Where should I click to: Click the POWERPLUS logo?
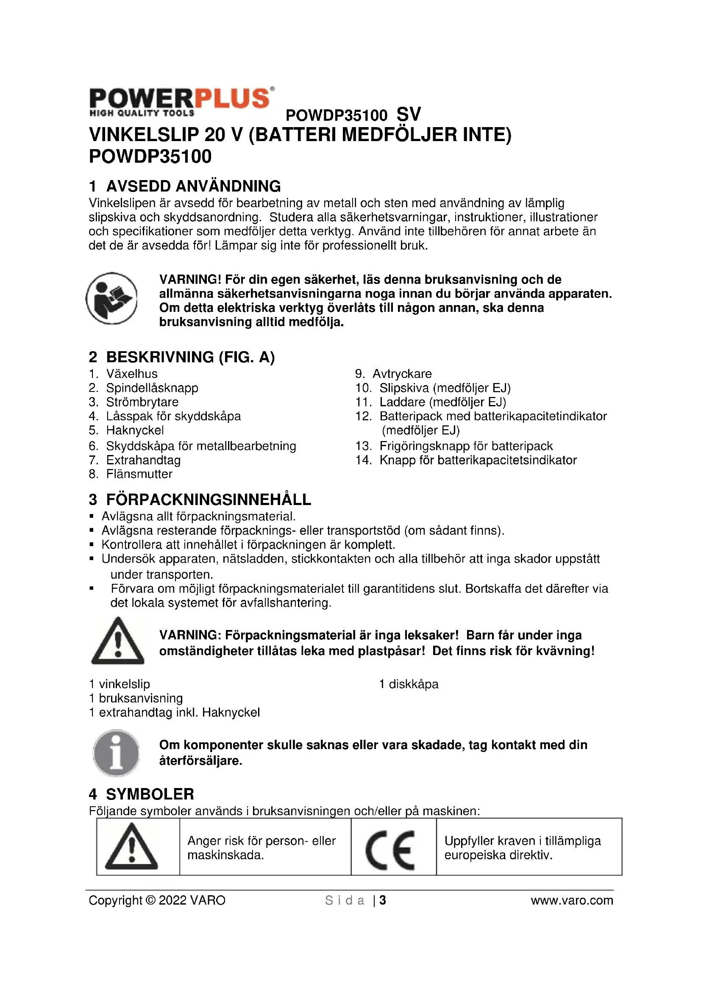pyautogui.click(x=181, y=102)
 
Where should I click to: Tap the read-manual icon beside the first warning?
pyautogui.click(x=112, y=298)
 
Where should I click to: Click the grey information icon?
pyautogui.click(x=116, y=753)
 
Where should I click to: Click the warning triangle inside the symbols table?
pyautogui.click(x=131, y=847)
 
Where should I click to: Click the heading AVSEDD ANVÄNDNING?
pyautogui.click(x=193, y=186)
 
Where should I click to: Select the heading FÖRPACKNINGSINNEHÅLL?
pyautogui.click(x=209, y=500)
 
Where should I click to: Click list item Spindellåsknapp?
pyautogui.click(x=152, y=388)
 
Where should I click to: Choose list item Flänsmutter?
pyautogui.click(x=139, y=474)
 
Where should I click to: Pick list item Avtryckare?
pyautogui.click(x=402, y=374)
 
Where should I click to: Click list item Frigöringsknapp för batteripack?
pyautogui.click(x=466, y=446)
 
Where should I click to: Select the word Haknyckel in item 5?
pyautogui.click(x=135, y=430)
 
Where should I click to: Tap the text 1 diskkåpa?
pyautogui.click(x=408, y=684)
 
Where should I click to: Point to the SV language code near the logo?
pyautogui.click(x=408, y=114)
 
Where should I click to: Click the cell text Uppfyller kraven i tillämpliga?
pyautogui.click(x=522, y=841)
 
